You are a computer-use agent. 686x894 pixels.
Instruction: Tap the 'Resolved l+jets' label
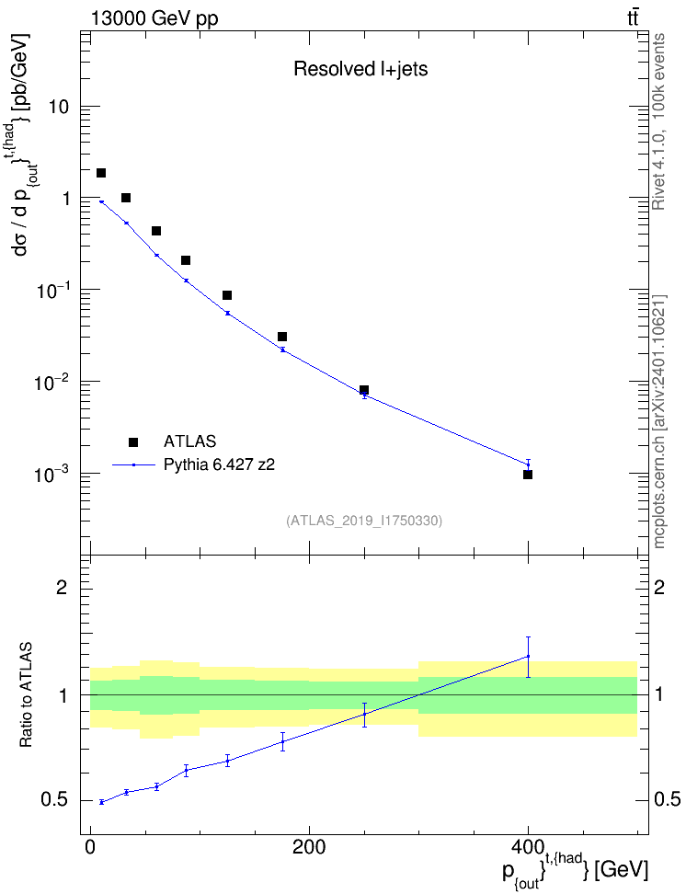(360, 69)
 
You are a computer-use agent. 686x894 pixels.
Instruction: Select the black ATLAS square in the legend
(133, 441)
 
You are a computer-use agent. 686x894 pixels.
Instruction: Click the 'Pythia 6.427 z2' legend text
(219, 465)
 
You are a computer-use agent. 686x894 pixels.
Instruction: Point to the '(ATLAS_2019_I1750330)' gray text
(364, 521)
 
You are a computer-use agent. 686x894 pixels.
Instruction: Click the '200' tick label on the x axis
(309, 847)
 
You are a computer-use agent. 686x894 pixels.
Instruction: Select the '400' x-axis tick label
(528, 847)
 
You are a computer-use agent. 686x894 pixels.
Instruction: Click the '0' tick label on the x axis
(90, 847)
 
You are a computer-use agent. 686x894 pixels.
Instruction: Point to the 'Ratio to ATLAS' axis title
(27, 695)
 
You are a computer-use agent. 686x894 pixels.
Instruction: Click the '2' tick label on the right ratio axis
(659, 587)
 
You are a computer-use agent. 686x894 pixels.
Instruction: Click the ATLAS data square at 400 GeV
(528, 475)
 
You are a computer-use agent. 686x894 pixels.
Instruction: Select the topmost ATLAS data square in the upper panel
(101, 173)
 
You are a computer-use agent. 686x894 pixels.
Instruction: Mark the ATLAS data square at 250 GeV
(364, 390)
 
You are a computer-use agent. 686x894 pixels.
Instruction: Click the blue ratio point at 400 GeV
(528, 657)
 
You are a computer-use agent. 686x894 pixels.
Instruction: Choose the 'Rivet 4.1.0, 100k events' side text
(658, 122)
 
